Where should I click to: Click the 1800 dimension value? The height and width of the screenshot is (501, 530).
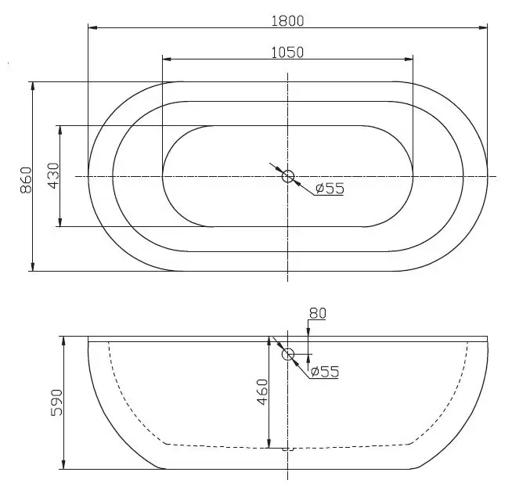[x=287, y=21]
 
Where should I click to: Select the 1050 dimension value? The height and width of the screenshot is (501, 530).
[x=287, y=52]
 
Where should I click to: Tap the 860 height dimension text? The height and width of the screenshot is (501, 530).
[x=26, y=180]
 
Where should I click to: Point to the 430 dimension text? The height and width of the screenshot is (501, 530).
[x=53, y=176]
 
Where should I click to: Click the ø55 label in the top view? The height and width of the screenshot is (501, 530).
[x=330, y=189]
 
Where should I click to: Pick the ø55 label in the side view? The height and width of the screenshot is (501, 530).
[x=324, y=372]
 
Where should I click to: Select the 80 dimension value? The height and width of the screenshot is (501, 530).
[x=318, y=313]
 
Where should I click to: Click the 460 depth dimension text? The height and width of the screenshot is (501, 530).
[x=262, y=392]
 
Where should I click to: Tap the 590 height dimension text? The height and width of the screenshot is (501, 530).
[x=56, y=402]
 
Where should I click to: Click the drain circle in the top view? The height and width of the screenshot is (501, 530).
[x=288, y=176]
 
